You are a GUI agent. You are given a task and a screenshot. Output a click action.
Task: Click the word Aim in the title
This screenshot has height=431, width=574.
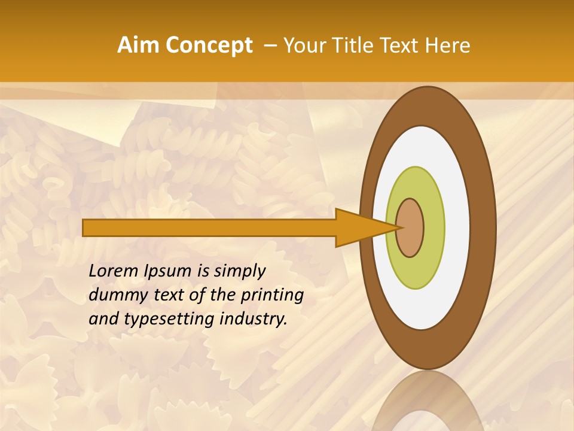click(x=139, y=45)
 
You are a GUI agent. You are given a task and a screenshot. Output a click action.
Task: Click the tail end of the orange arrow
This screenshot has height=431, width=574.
click(x=85, y=227)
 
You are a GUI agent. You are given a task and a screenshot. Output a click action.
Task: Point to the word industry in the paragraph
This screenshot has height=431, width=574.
click(x=254, y=319)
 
